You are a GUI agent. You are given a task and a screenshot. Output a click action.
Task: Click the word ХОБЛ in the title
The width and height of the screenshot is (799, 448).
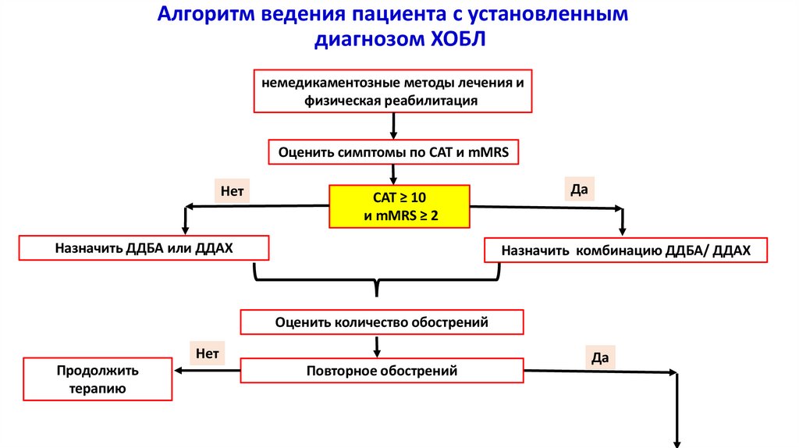pyautogui.click(x=458, y=39)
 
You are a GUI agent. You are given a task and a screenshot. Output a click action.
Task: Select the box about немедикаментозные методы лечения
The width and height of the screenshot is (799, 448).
pyautogui.click(x=392, y=91)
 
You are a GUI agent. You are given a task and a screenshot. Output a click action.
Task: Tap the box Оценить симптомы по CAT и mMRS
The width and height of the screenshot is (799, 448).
pyautogui.click(x=393, y=152)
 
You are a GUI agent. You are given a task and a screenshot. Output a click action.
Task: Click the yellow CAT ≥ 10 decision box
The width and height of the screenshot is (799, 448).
pyautogui.click(x=399, y=206)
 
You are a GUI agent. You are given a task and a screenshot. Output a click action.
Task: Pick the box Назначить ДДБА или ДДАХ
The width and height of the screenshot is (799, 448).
pyautogui.click(x=144, y=248)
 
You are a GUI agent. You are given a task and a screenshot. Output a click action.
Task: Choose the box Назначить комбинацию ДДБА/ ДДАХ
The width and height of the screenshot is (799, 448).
pyautogui.click(x=625, y=251)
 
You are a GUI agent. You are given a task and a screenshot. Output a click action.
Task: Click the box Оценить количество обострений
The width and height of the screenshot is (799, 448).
pyautogui.click(x=382, y=322)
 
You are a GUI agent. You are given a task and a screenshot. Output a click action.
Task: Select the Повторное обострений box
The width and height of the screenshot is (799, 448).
pyautogui.click(x=382, y=371)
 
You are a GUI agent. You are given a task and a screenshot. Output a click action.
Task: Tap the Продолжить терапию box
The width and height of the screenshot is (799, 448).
pyautogui.click(x=98, y=379)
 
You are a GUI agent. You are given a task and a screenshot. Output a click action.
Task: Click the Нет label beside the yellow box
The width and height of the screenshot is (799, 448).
pyautogui.click(x=233, y=190)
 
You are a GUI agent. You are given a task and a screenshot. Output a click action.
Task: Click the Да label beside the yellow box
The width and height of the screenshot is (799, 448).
pyautogui.click(x=579, y=189)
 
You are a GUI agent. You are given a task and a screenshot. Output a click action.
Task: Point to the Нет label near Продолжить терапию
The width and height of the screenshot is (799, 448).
pyautogui.click(x=207, y=353)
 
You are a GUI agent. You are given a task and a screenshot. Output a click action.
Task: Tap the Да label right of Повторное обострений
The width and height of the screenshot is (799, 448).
pyautogui.click(x=599, y=357)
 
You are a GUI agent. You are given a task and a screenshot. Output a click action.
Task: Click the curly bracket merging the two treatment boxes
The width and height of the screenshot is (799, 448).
pyautogui.click(x=378, y=283)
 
